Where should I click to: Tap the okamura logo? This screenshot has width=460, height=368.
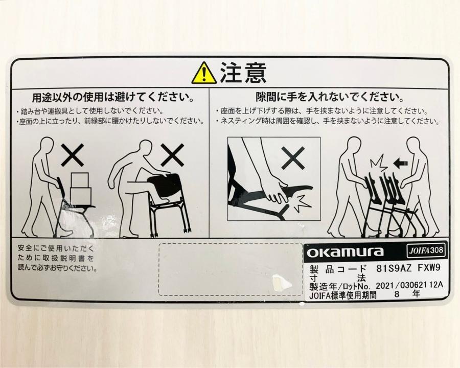345,252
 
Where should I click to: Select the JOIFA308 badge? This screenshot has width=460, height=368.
425,250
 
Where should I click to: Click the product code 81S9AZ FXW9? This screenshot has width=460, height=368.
408,268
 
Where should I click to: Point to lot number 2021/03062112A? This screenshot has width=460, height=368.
409,285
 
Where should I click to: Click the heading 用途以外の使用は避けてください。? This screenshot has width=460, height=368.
113,98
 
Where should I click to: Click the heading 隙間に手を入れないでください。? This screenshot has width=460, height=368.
329,96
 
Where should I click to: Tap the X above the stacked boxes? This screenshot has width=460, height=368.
73,155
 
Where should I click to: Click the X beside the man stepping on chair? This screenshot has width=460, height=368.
172,155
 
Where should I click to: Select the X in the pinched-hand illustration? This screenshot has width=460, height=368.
292,158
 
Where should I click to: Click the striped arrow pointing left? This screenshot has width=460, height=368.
401,163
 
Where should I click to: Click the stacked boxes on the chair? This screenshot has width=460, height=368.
80,189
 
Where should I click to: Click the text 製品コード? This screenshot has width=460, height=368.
338,269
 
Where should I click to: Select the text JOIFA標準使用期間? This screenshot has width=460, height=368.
342,294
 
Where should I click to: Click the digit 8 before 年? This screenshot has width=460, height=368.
397,294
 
